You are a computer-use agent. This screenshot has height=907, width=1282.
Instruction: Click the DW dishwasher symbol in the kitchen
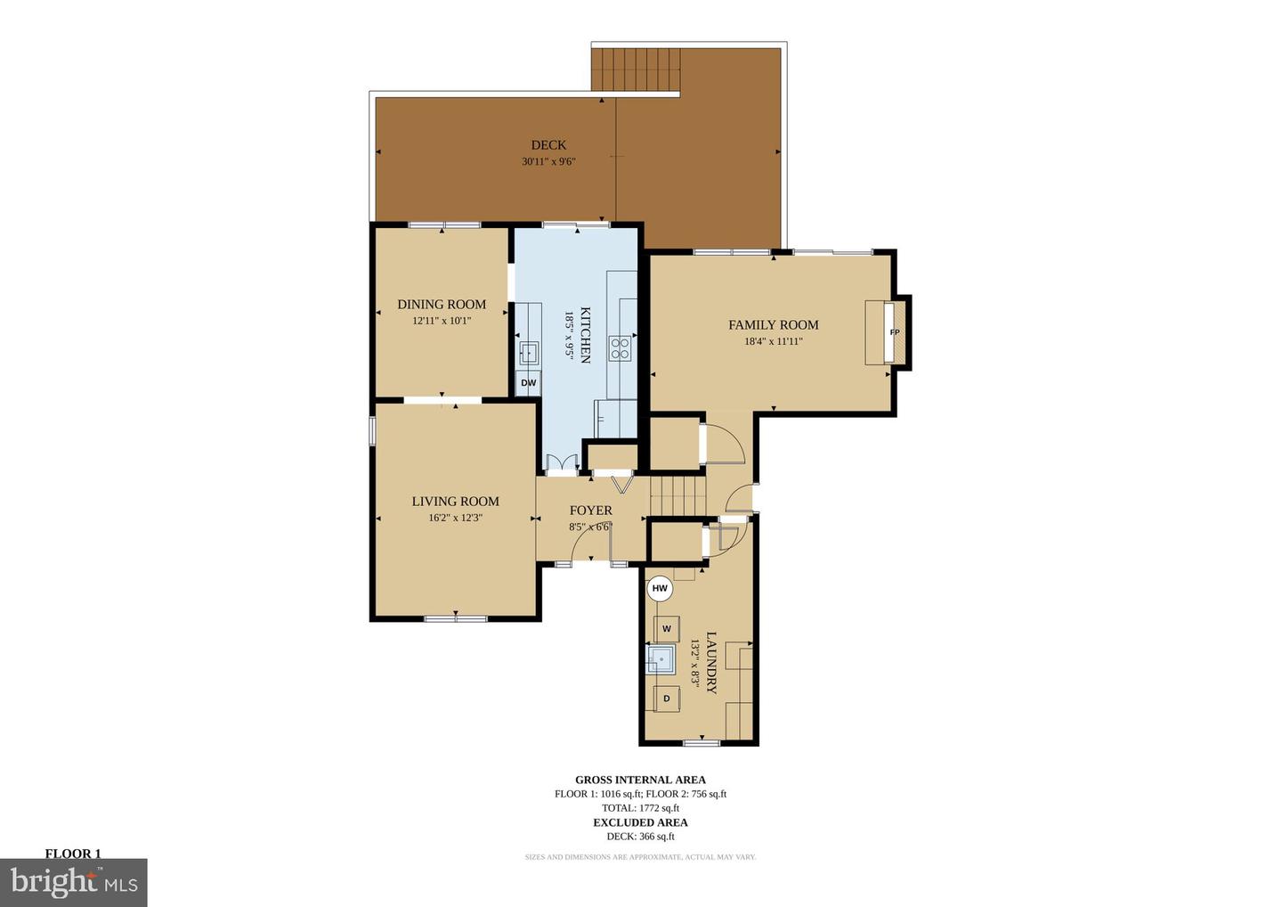coord(529,383)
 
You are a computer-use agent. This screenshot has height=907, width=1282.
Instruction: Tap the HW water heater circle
coord(660,589)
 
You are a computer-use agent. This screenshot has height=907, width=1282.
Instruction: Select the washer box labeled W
coord(667,629)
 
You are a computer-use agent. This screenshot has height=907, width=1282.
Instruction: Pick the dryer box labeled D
coord(667,699)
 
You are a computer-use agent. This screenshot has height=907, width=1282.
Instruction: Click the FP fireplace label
coord(895,332)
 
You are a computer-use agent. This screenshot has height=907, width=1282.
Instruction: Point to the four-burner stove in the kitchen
coord(621,348)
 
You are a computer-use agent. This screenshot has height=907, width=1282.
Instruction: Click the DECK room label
coord(548,145)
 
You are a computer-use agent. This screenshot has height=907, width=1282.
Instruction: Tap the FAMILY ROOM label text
coord(773,325)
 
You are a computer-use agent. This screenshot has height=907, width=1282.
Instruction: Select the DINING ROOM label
coord(442,305)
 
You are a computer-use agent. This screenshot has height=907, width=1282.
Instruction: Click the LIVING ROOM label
coord(455,502)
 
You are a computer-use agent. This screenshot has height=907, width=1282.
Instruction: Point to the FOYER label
coord(590,511)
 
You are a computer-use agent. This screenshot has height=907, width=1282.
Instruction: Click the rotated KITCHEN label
coord(586,335)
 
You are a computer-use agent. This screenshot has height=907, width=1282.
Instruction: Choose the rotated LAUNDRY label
coord(710,663)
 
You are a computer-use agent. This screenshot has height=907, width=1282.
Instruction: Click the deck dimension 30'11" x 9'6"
coord(548,162)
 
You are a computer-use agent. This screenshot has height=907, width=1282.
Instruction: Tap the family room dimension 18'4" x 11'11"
coord(773,342)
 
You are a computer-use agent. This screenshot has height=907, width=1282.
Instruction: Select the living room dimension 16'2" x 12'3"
coord(455,519)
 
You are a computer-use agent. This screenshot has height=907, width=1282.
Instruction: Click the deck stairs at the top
coord(636,69)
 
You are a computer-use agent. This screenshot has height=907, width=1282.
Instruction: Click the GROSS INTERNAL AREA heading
coord(640,780)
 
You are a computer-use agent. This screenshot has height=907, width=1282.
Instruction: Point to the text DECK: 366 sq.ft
coord(640,837)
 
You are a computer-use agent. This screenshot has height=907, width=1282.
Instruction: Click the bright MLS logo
coord(73,882)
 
